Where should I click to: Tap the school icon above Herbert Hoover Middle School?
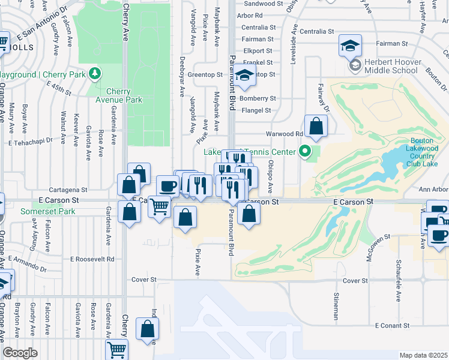click(x=350, y=44)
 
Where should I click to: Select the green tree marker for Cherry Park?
click(x=94, y=74)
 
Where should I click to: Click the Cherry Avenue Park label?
click(x=122, y=95)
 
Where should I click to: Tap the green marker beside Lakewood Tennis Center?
click(x=305, y=152)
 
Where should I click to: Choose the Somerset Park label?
click(x=48, y=211)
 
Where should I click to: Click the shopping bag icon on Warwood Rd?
click(x=315, y=127)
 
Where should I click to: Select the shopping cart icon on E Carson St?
click(x=160, y=207)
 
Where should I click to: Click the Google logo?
click(x=20, y=353)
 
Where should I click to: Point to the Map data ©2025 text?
click(x=423, y=355)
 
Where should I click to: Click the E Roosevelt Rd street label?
click(x=92, y=259)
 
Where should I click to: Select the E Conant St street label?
click(x=393, y=326)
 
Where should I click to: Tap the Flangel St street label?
click(x=256, y=110)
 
